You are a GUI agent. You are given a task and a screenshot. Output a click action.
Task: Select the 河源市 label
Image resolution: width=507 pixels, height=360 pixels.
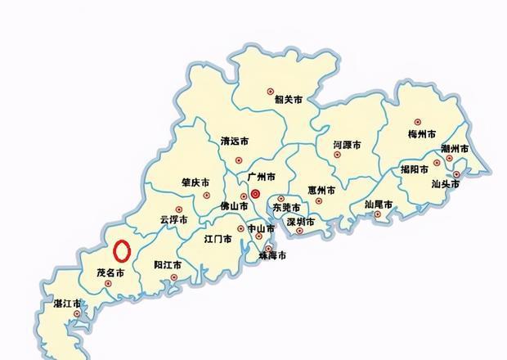(x=347, y=145)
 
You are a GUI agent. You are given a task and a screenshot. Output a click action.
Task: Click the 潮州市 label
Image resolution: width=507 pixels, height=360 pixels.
(x=455, y=149)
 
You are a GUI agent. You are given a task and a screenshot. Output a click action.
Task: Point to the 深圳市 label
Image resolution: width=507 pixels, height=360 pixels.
(x=301, y=222)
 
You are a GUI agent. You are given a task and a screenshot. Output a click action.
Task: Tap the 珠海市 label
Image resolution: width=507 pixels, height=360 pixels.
(x=272, y=256)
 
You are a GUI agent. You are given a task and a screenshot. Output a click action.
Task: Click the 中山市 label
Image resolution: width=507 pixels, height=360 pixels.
(x=262, y=228)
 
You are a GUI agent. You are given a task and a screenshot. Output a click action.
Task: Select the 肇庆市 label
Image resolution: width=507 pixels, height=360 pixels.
(x=195, y=182)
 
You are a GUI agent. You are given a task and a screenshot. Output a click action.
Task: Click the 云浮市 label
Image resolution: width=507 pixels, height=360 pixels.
(x=173, y=220)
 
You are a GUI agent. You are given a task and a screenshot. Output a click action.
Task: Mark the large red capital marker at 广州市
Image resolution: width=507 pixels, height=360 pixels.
(x=255, y=194)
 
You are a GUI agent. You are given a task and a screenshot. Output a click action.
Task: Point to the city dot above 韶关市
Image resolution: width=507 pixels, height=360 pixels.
(x=271, y=92)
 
